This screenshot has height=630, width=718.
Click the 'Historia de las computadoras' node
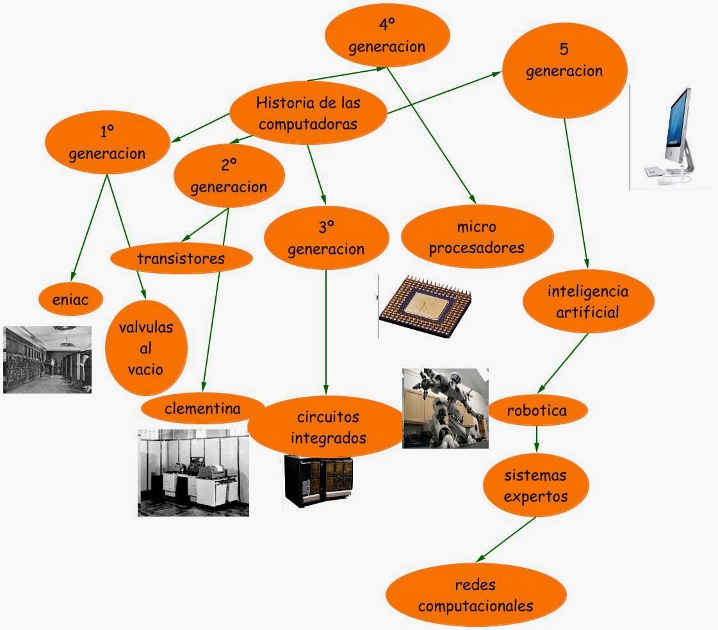tap(308, 113)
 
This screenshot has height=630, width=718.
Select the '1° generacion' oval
tap(107, 142)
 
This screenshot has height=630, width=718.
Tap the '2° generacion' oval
tap(229, 176)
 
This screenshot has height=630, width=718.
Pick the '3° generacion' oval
tap(326, 238)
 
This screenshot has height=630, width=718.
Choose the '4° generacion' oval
tap(386, 36)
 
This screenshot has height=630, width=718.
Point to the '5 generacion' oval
tap(564, 60)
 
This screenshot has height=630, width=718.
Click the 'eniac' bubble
tap(70, 299)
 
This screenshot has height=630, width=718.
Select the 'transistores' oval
tap(181, 258)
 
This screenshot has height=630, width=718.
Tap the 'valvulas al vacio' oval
tap(146, 348)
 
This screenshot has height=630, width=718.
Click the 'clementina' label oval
tap(202, 408)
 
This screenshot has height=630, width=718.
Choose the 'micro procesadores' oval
tap(477, 237)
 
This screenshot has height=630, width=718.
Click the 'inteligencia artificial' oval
tap(588, 302)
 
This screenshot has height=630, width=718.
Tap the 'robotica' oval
tap(537, 410)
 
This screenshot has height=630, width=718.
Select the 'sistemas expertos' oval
tap(535, 486)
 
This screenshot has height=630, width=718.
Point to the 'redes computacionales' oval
tap(475, 595)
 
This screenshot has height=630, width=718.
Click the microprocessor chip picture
tap(425, 306)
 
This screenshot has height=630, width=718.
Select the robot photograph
tap(445, 408)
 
